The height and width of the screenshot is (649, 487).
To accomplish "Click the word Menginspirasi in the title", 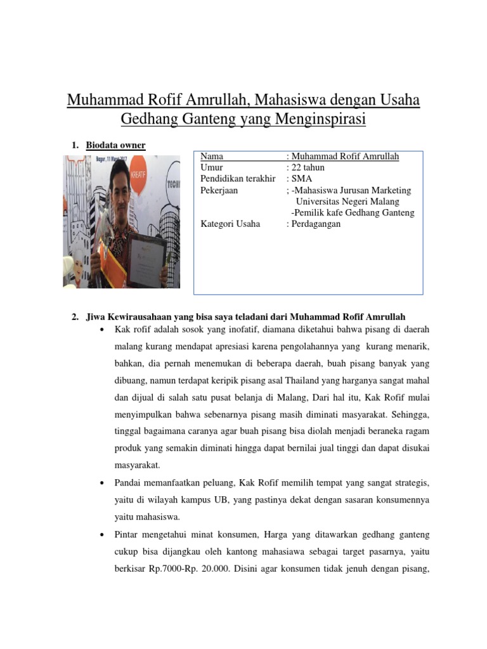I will [321, 119].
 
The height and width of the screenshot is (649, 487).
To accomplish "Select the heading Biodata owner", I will [115, 145].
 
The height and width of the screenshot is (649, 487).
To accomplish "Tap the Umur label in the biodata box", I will [212, 167].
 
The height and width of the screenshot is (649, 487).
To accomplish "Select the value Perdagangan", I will [316, 224].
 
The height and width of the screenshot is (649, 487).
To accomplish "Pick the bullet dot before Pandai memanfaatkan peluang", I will [103, 483].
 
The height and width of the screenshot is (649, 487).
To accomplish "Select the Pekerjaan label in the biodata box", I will [219, 190].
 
